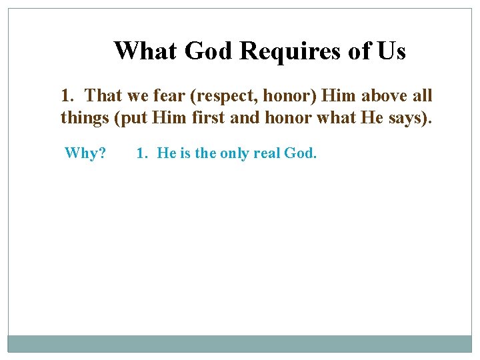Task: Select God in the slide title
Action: (x=207, y=51)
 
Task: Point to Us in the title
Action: (x=391, y=51)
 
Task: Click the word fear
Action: (x=169, y=96)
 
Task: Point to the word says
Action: (x=416, y=119)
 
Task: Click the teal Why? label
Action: (x=85, y=153)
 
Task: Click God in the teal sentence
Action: (x=300, y=153)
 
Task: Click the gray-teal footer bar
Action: (x=240, y=343)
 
